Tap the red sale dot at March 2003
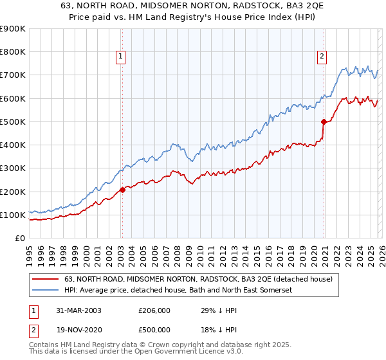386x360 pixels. pos(122,190)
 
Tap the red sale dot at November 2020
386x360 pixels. pos(324,122)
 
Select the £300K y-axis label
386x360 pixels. pos(13,168)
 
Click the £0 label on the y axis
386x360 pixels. pos(19,239)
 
